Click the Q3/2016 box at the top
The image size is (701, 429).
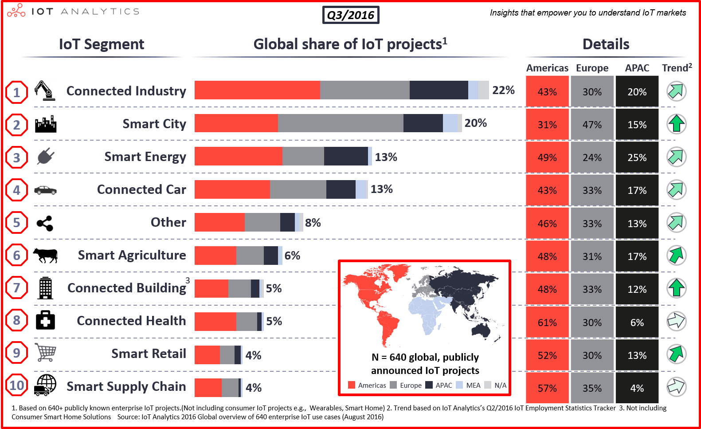pos(350,15)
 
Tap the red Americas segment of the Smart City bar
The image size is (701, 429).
pos(236,123)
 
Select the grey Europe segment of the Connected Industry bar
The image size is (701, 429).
pos(364,90)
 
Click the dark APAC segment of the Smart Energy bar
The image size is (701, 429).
pos(346,156)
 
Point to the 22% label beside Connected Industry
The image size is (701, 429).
pos(503,90)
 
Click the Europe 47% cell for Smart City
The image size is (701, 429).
pos(592,125)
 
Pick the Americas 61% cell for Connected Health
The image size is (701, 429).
pos(547,323)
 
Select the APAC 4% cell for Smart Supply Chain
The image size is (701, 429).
pos(637,388)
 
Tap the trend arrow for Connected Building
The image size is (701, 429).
pos(676,288)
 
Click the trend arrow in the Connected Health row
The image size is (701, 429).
pos(676,321)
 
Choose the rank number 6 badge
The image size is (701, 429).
pos(17,256)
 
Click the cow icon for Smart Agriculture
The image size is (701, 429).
pos(45,255)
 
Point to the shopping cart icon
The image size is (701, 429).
pos(45,353)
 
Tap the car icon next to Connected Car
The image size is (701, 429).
pos(45,190)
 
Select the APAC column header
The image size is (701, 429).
pos(637,68)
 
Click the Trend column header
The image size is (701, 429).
pos(676,68)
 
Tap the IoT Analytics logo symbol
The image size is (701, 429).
pos(16,11)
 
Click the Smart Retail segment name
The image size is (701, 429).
pos(149,354)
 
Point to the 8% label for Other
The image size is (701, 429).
pos(313,222)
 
